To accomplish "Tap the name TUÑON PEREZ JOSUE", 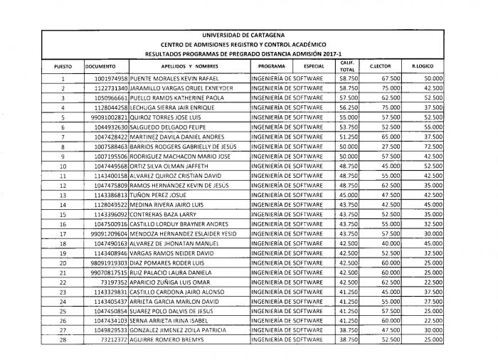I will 157,194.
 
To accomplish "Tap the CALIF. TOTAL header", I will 347,66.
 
